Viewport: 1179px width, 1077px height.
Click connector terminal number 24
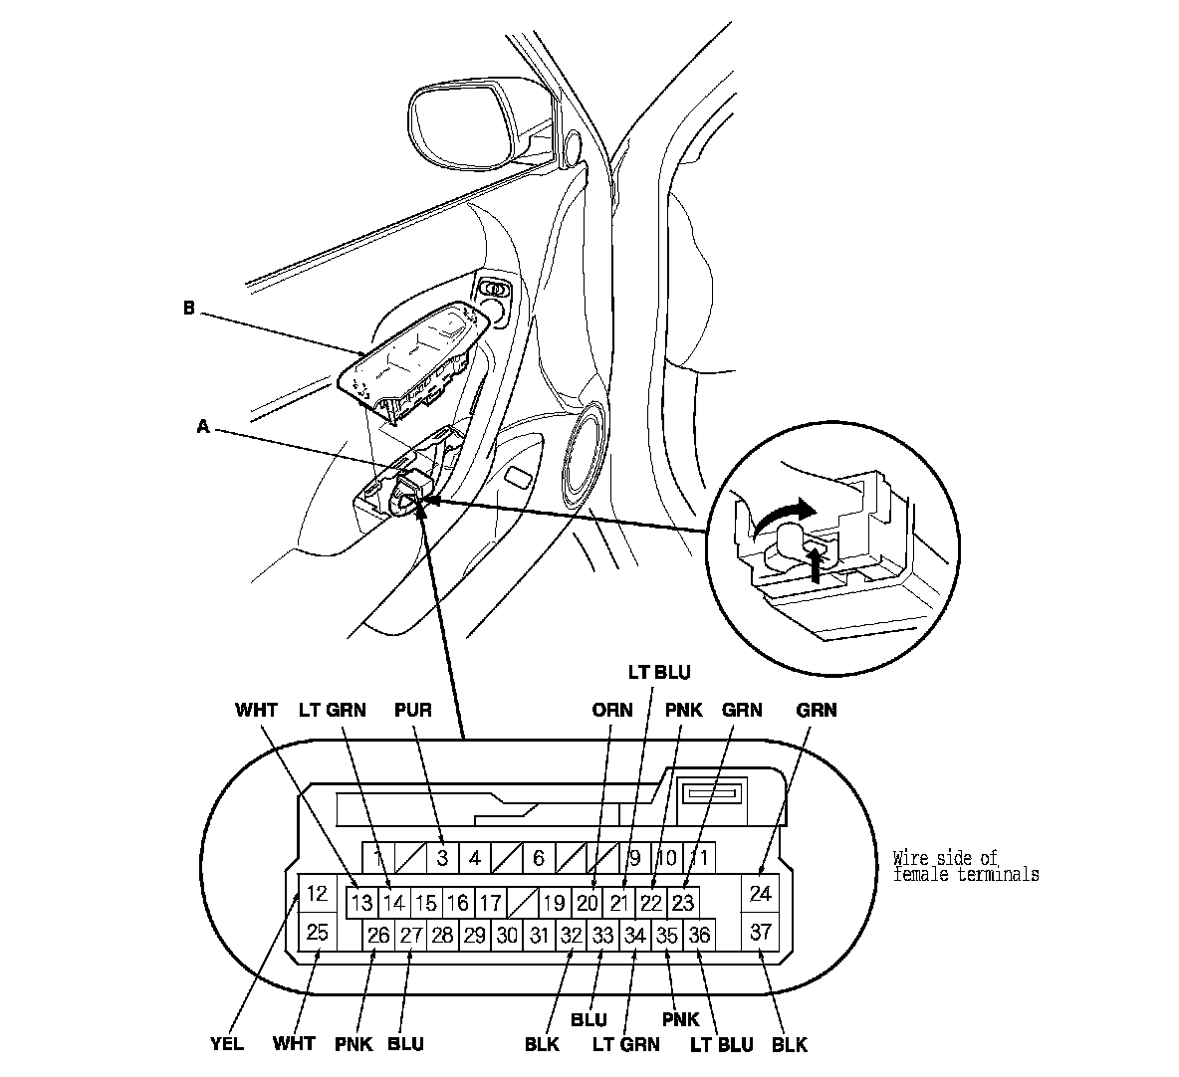click(761, 893)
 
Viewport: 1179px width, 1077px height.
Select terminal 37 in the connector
click(761, 933)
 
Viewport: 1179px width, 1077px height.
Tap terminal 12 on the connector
click(317, 893)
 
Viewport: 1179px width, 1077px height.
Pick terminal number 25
click(317, 933)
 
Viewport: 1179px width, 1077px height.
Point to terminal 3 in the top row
click(441, 857)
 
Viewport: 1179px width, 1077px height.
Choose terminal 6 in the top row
click(538, 857)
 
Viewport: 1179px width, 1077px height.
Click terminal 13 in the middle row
click(362, 903)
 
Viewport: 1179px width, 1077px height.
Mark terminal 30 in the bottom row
click(507, 935)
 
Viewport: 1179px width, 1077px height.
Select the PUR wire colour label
click(413, 710)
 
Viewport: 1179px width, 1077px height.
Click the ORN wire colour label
click(612, 710)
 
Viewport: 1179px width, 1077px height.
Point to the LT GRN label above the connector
click(333, 710)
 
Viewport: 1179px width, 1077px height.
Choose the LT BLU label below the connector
click(720, 1044)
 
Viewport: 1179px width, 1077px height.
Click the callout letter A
click(203, 426)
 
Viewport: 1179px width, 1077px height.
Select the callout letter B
click(188, 309)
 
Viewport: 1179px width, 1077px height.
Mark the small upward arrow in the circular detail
click(819, 564)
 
